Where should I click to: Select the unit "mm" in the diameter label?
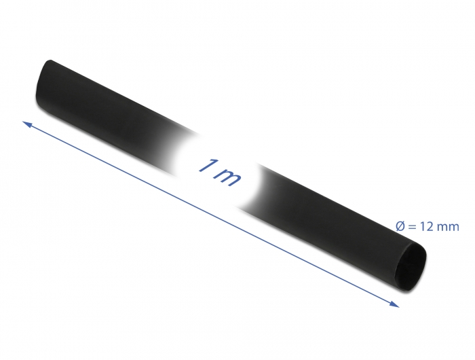448,228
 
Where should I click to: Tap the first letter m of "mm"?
442,228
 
